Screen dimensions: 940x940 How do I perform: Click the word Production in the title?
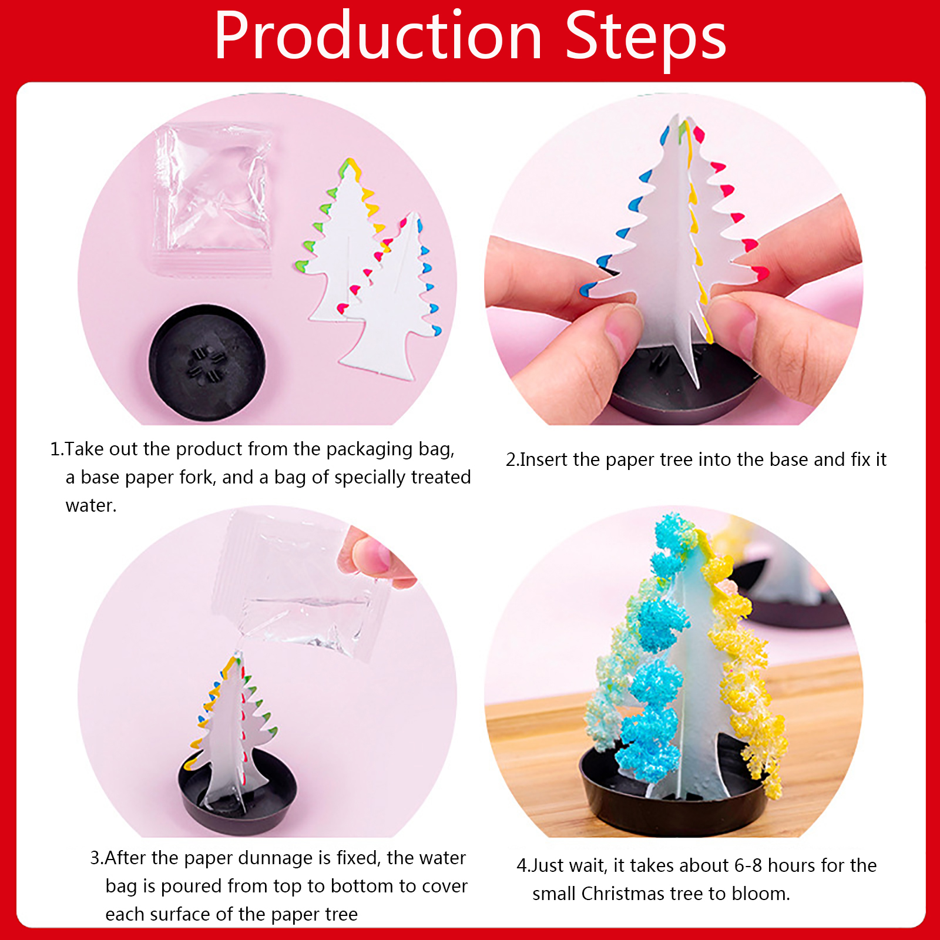click(378, 36)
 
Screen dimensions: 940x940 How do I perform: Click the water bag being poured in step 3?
click(300, 587)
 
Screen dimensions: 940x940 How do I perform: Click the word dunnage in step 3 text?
click(263, 858)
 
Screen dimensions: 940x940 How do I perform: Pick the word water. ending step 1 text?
click(91, 505)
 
